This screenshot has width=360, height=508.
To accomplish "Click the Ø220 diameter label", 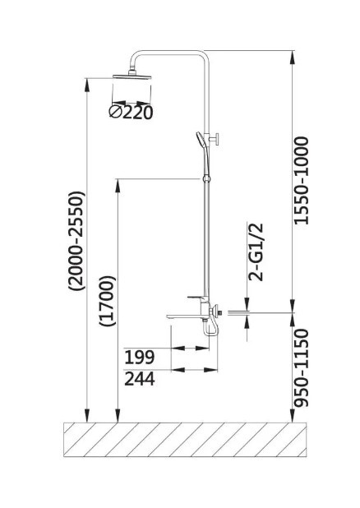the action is (x=131, y=112).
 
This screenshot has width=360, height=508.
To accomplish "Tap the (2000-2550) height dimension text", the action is (x=76, y=241).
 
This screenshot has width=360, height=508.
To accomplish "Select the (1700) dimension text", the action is (x=108, y=301).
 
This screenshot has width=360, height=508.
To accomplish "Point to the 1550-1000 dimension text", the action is (x=301, y=181).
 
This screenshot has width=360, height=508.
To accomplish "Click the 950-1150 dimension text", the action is (x=301, y=367).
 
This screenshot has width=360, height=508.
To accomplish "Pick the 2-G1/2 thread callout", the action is (x=256, y=252).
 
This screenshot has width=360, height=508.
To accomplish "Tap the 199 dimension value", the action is (x=140, y=358).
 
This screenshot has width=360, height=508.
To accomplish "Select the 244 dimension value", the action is (x=140, y=379).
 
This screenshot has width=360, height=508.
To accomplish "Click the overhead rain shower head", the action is (x=132, y=76).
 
